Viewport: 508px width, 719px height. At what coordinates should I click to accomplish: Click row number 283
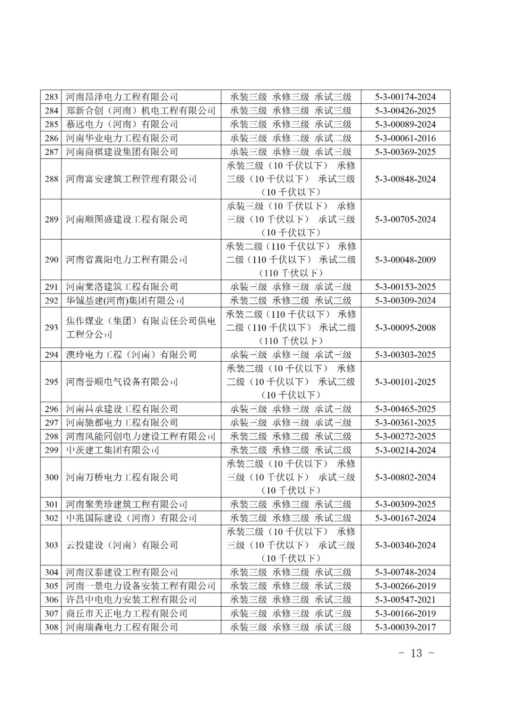[52, 97]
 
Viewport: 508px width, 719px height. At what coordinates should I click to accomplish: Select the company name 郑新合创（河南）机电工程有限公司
[141, 111]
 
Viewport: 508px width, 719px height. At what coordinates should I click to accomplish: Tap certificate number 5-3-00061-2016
[405, 138]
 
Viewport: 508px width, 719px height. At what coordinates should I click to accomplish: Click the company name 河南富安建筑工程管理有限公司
[131, 179]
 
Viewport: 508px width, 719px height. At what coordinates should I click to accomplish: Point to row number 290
[52, 260]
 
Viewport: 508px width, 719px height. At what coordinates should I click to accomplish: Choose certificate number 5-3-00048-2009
[405, 260]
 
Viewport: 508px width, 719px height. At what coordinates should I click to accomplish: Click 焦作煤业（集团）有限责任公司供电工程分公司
[141, 328]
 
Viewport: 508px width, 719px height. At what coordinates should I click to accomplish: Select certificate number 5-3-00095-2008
[405, 328]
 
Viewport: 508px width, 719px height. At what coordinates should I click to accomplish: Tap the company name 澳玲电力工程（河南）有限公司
[131, 355]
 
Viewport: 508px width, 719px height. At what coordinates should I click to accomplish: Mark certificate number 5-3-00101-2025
[405, 382]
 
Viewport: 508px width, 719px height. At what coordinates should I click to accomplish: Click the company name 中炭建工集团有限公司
[112, 450]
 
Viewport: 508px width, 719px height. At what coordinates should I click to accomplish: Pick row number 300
[52, 477]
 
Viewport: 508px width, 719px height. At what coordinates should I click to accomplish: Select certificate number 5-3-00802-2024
[405, 477]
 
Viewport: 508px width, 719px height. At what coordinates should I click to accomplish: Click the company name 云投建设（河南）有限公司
[122, 545]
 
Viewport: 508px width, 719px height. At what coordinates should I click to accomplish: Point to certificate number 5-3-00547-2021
[405, 599]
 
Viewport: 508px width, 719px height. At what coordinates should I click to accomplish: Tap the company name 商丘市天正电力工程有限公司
[126, 613]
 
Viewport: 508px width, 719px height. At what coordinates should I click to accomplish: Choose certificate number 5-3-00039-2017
[405, 627]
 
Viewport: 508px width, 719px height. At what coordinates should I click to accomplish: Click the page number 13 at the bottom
[416, 653]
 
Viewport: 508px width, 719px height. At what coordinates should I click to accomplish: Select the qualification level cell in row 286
[291, 138]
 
